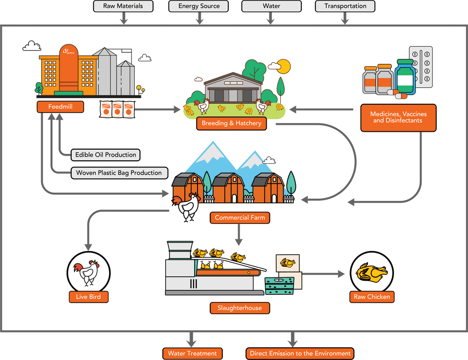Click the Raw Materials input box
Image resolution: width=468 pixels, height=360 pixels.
(123, 6)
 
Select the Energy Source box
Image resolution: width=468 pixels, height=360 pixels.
(199, 6)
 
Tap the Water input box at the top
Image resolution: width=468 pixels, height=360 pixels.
(271, 6)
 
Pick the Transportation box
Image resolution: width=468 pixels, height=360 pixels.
(345, 6)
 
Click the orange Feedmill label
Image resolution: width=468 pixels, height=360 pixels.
(60, 107)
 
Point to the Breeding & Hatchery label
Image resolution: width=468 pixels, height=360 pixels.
(232, 124)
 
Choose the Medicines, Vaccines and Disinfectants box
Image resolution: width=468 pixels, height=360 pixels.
(398, 117)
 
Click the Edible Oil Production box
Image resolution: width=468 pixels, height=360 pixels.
(106, 155)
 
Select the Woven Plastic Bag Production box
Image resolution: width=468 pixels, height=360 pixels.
(119, 173)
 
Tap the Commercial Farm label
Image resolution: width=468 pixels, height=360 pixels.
(240, 218)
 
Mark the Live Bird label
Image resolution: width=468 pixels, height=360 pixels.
(88, 297)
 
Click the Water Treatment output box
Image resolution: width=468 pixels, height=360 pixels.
(192, 353)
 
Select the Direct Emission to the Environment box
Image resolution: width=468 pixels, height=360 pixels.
(300, 353)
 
